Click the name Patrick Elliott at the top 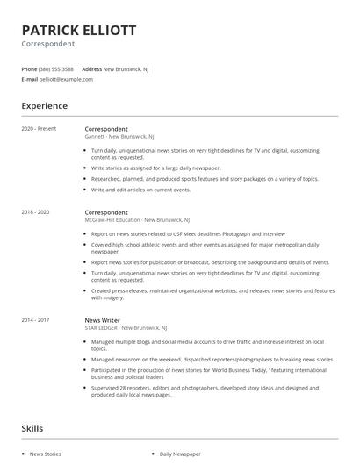(x=78, y=31)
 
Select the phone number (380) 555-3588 (x=56, y=68)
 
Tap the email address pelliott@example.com (x=66, y=79)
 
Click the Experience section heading (x=44, y=106)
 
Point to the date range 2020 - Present (x=39, y=129)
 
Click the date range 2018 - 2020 (x=35, y=212)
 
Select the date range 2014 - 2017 (x=35, y=321)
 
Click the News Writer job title (x=103, y=321)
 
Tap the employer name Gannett (x=95, y=137)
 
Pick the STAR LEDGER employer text (x=103, y=329)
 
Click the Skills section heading (x=32, y=428)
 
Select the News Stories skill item (x=46, y=454)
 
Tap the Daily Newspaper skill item (x=179, y=454)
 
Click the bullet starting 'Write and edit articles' (x=140, y=190)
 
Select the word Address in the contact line (x=91, y=68)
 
